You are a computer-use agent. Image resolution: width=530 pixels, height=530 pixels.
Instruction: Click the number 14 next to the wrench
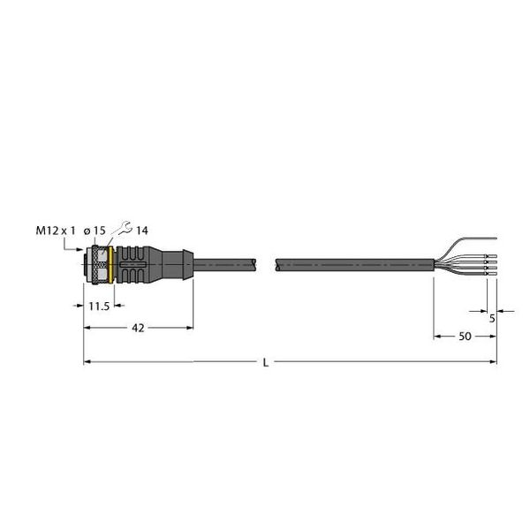pyautogui.click(x=141, y=231)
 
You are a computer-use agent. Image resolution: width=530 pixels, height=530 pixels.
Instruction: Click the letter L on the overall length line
pyautogui.click(x=266, y=362)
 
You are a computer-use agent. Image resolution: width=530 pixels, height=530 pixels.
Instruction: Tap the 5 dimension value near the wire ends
pyautogui.click(x=491, y=318)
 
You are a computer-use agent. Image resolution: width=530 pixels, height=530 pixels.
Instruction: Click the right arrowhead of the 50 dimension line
pyautogui.click(x=491, y=337)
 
